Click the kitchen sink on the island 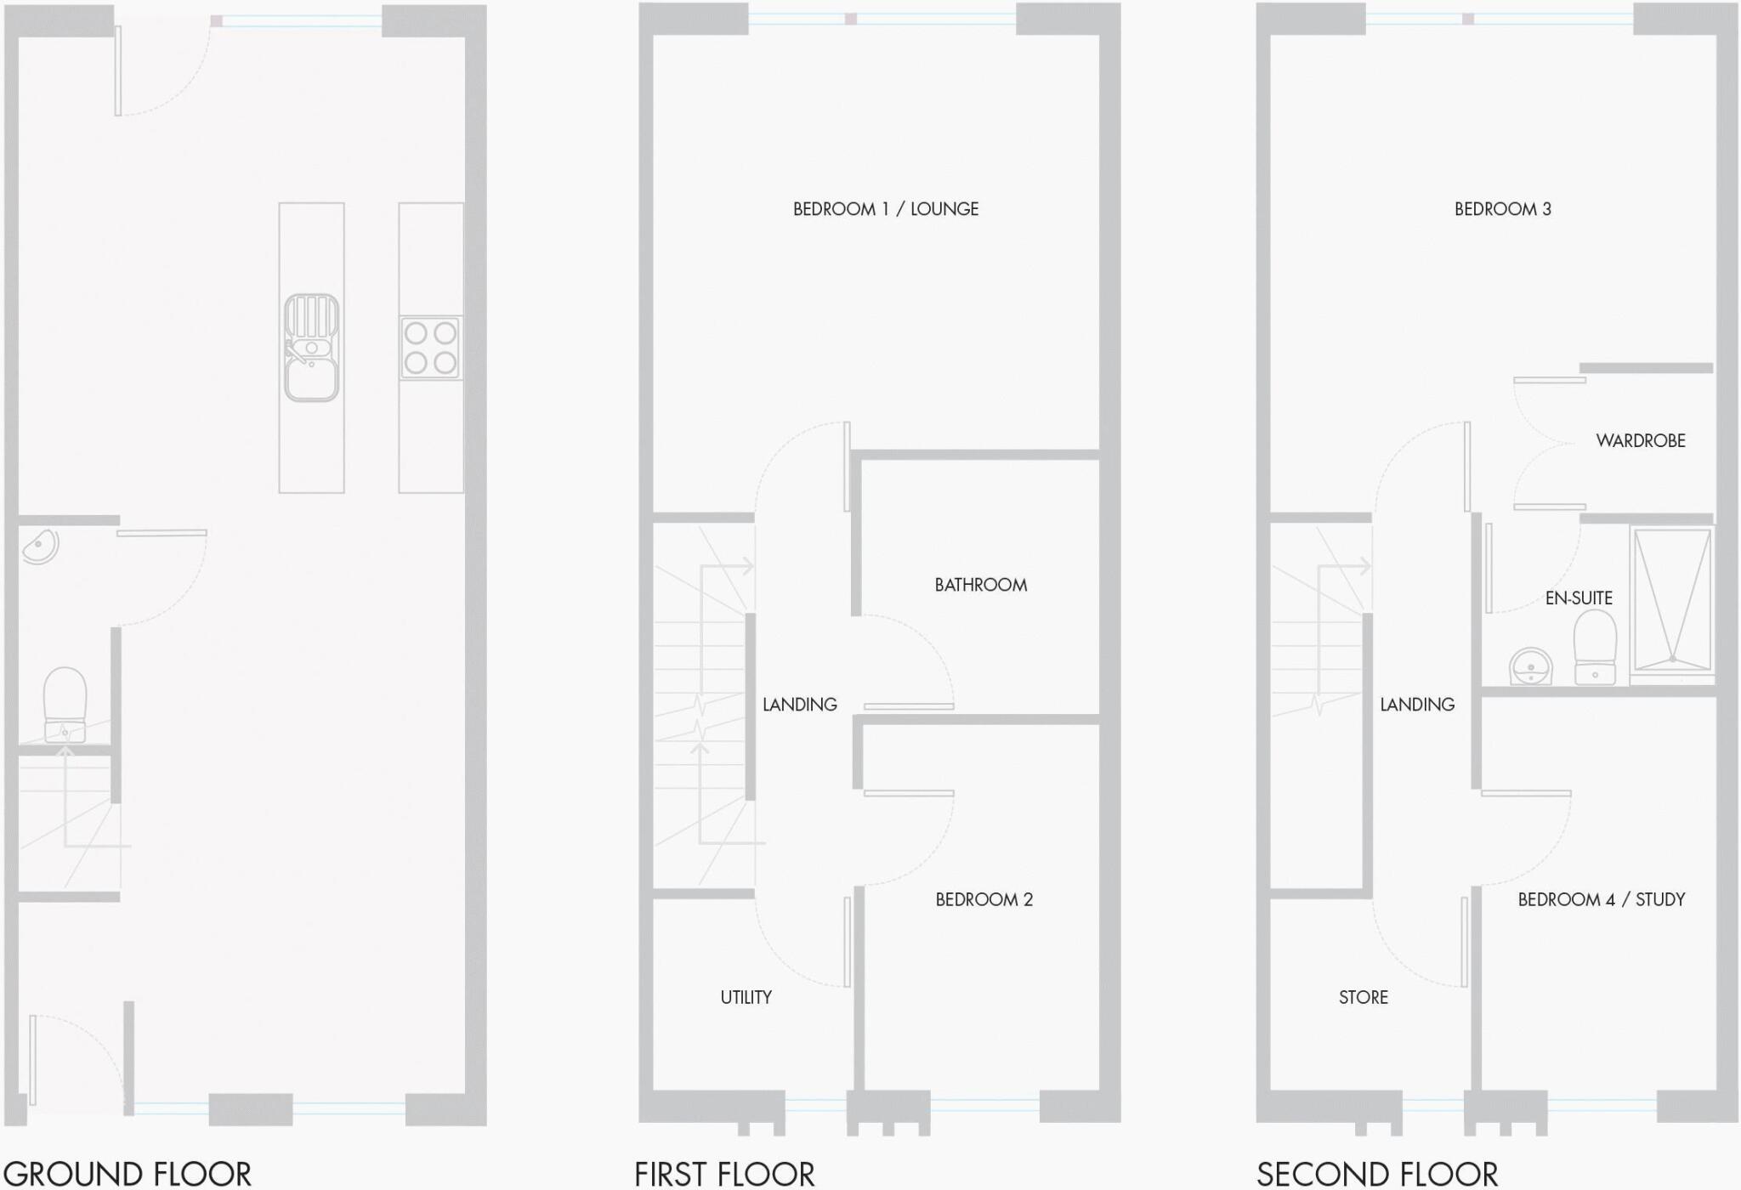pyautogui.click(x=312, y=348)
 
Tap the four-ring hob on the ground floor pyautogui.click(x=431, y=348)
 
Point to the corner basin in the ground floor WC pyautogui.click(x=39, y=547)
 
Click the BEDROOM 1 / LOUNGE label pyautogui.click(x=886, y=209)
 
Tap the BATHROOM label pyautogui.click(x=981, y=585)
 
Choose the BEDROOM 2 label pyautogui.click(x=984, y=899)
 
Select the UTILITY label pyautogui.click(x=746, y=997)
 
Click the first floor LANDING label pyautogui.click(x=800, y=704)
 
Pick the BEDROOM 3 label pyautogui.click(x=1503, y=209)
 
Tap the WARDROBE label pyautogui.click(x=1641, y=440)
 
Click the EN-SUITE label pyautogui.click(x=1579, y=598)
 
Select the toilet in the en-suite pyautogui.click(x=1595, y=647)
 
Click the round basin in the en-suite pyautogui.click(x=1531, y=666)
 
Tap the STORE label pyautogui.click(x=1364, y=997)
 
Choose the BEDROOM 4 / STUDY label pyautogui.click(x=1602, y=899)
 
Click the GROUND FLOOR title pyautogui.click(x=128, y=1174)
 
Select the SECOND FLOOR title pyautogui.click(x=1377, y=1174)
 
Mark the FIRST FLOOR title pyautogui.click(x=724, y=1174)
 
